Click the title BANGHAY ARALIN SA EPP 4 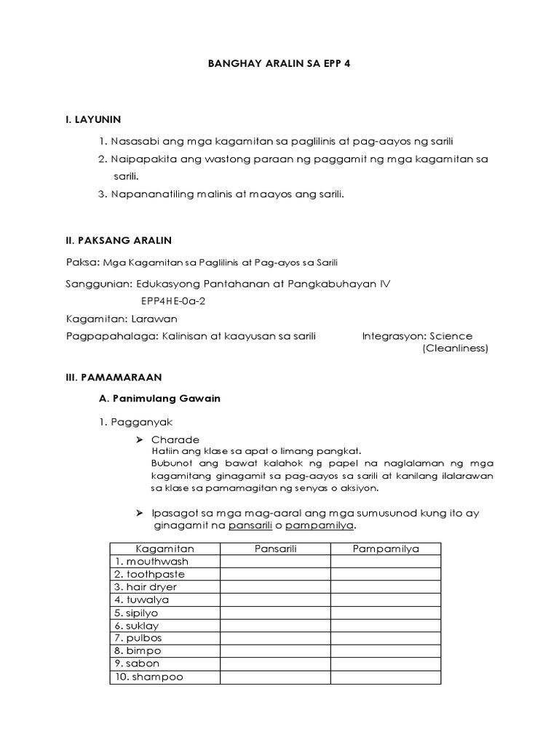click(x=279, y=63)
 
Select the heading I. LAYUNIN click(x=93, y=119)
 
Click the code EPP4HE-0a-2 click(x=173, y=301)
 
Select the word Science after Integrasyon click(x=451, y=336)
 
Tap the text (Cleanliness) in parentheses click(x=455, y=348)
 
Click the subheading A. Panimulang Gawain click(x=159, y=399)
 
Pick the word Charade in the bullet click(x=175, y=440)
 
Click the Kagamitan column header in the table click(x=164, y=549)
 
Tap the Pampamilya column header click(x=386, y=549)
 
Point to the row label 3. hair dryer click(x=145, y=587)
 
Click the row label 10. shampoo click(x=148, y=677)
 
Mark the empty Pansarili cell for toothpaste click(x=275, y=574)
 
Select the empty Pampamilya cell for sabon click(x=386, y=664)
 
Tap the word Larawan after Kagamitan click(x=154, y=319)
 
